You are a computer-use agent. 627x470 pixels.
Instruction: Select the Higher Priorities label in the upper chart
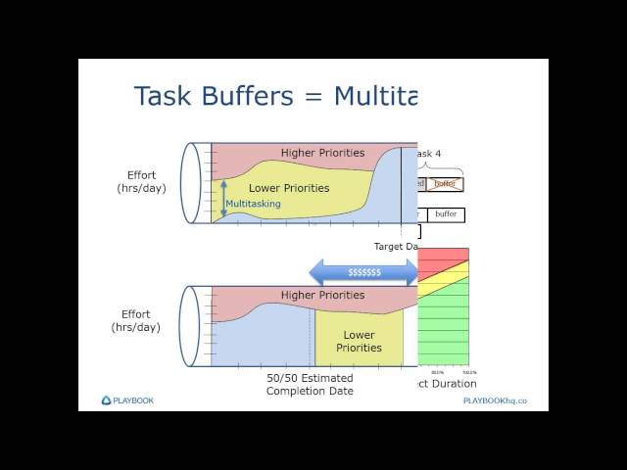[x=322, y=153]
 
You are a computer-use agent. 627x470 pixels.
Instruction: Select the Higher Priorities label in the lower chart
[x=322, y=295]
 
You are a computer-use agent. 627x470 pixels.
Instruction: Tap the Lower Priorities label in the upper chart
[x=289, y=187]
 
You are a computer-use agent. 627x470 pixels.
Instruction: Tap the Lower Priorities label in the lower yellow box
[x=359, y=341]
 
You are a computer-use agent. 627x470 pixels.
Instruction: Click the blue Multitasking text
[x=253, y=204]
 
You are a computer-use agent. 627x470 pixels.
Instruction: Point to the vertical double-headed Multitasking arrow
[x=222, y=197]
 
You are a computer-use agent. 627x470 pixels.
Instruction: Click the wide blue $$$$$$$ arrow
[x=363, y=271]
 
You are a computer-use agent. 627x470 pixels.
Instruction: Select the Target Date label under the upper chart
[x=396, y=246]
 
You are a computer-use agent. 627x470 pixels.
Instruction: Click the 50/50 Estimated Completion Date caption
[x=310, y=384]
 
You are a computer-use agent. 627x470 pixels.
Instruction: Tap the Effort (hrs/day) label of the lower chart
[x=135, y=320]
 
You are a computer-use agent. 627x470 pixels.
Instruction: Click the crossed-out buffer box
[x=446, y=184]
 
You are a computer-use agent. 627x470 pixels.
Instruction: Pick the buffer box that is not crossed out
[x=445, y=214]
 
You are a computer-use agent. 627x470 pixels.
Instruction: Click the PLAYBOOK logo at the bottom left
[x=127, y=399]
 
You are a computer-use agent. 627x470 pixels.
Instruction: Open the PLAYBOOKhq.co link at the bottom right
[x=495, y=400]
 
